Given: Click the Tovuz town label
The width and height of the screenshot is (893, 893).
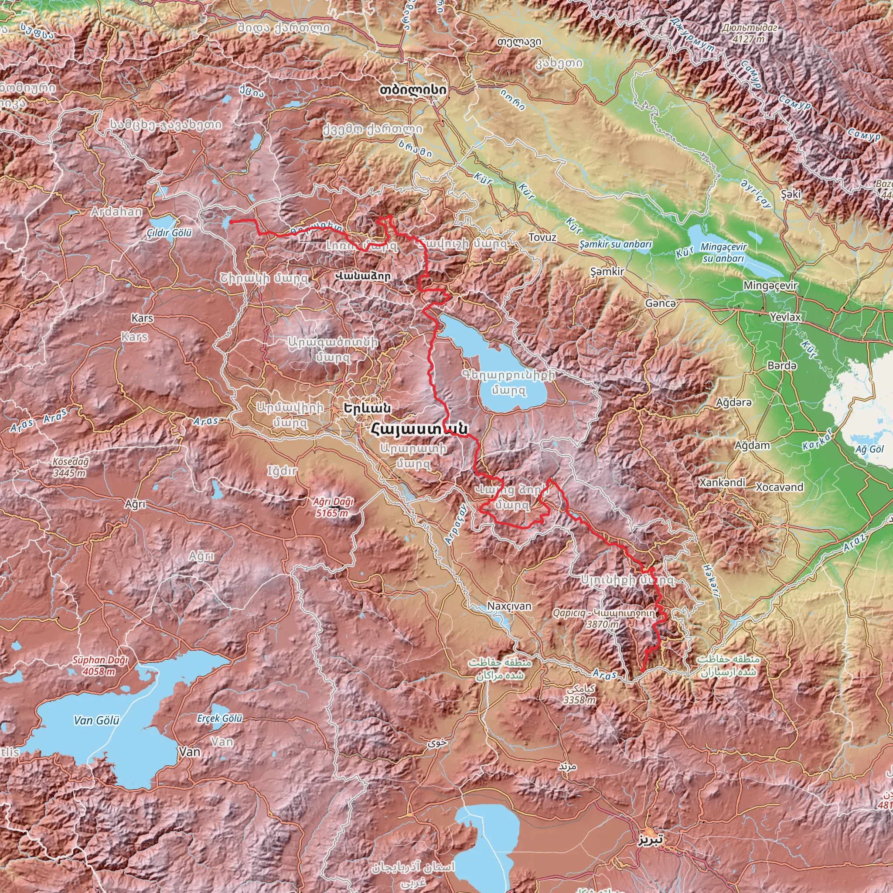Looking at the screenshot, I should coord(542,238).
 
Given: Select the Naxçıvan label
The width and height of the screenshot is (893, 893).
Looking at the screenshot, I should coord(509,606).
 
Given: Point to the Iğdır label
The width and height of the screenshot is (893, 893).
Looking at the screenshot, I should coord(283,471).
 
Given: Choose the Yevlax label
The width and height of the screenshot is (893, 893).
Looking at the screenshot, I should coord(785,317).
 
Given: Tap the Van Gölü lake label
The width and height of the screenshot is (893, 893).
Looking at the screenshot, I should coord(97,720).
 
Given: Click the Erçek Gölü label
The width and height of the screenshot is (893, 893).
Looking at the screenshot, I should coord(220,718).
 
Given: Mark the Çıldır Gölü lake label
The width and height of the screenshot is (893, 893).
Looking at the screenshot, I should coord(169,233).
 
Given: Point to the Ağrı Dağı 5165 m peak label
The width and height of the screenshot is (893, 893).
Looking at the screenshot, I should coord(333,507).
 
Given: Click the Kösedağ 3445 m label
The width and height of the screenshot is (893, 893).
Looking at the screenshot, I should coord(70,467).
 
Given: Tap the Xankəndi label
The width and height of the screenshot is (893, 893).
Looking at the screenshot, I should coord(723,483).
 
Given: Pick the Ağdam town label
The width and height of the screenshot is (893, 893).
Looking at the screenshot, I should coord(753,445).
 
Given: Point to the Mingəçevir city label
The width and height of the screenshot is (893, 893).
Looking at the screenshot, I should coord(770,286).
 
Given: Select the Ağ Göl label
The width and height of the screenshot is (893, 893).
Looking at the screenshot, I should coord(869,449).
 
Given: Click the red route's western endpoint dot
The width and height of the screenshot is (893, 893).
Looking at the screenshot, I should coord(231,222).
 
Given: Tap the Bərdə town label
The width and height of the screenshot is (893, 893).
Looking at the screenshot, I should coord(782,365).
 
